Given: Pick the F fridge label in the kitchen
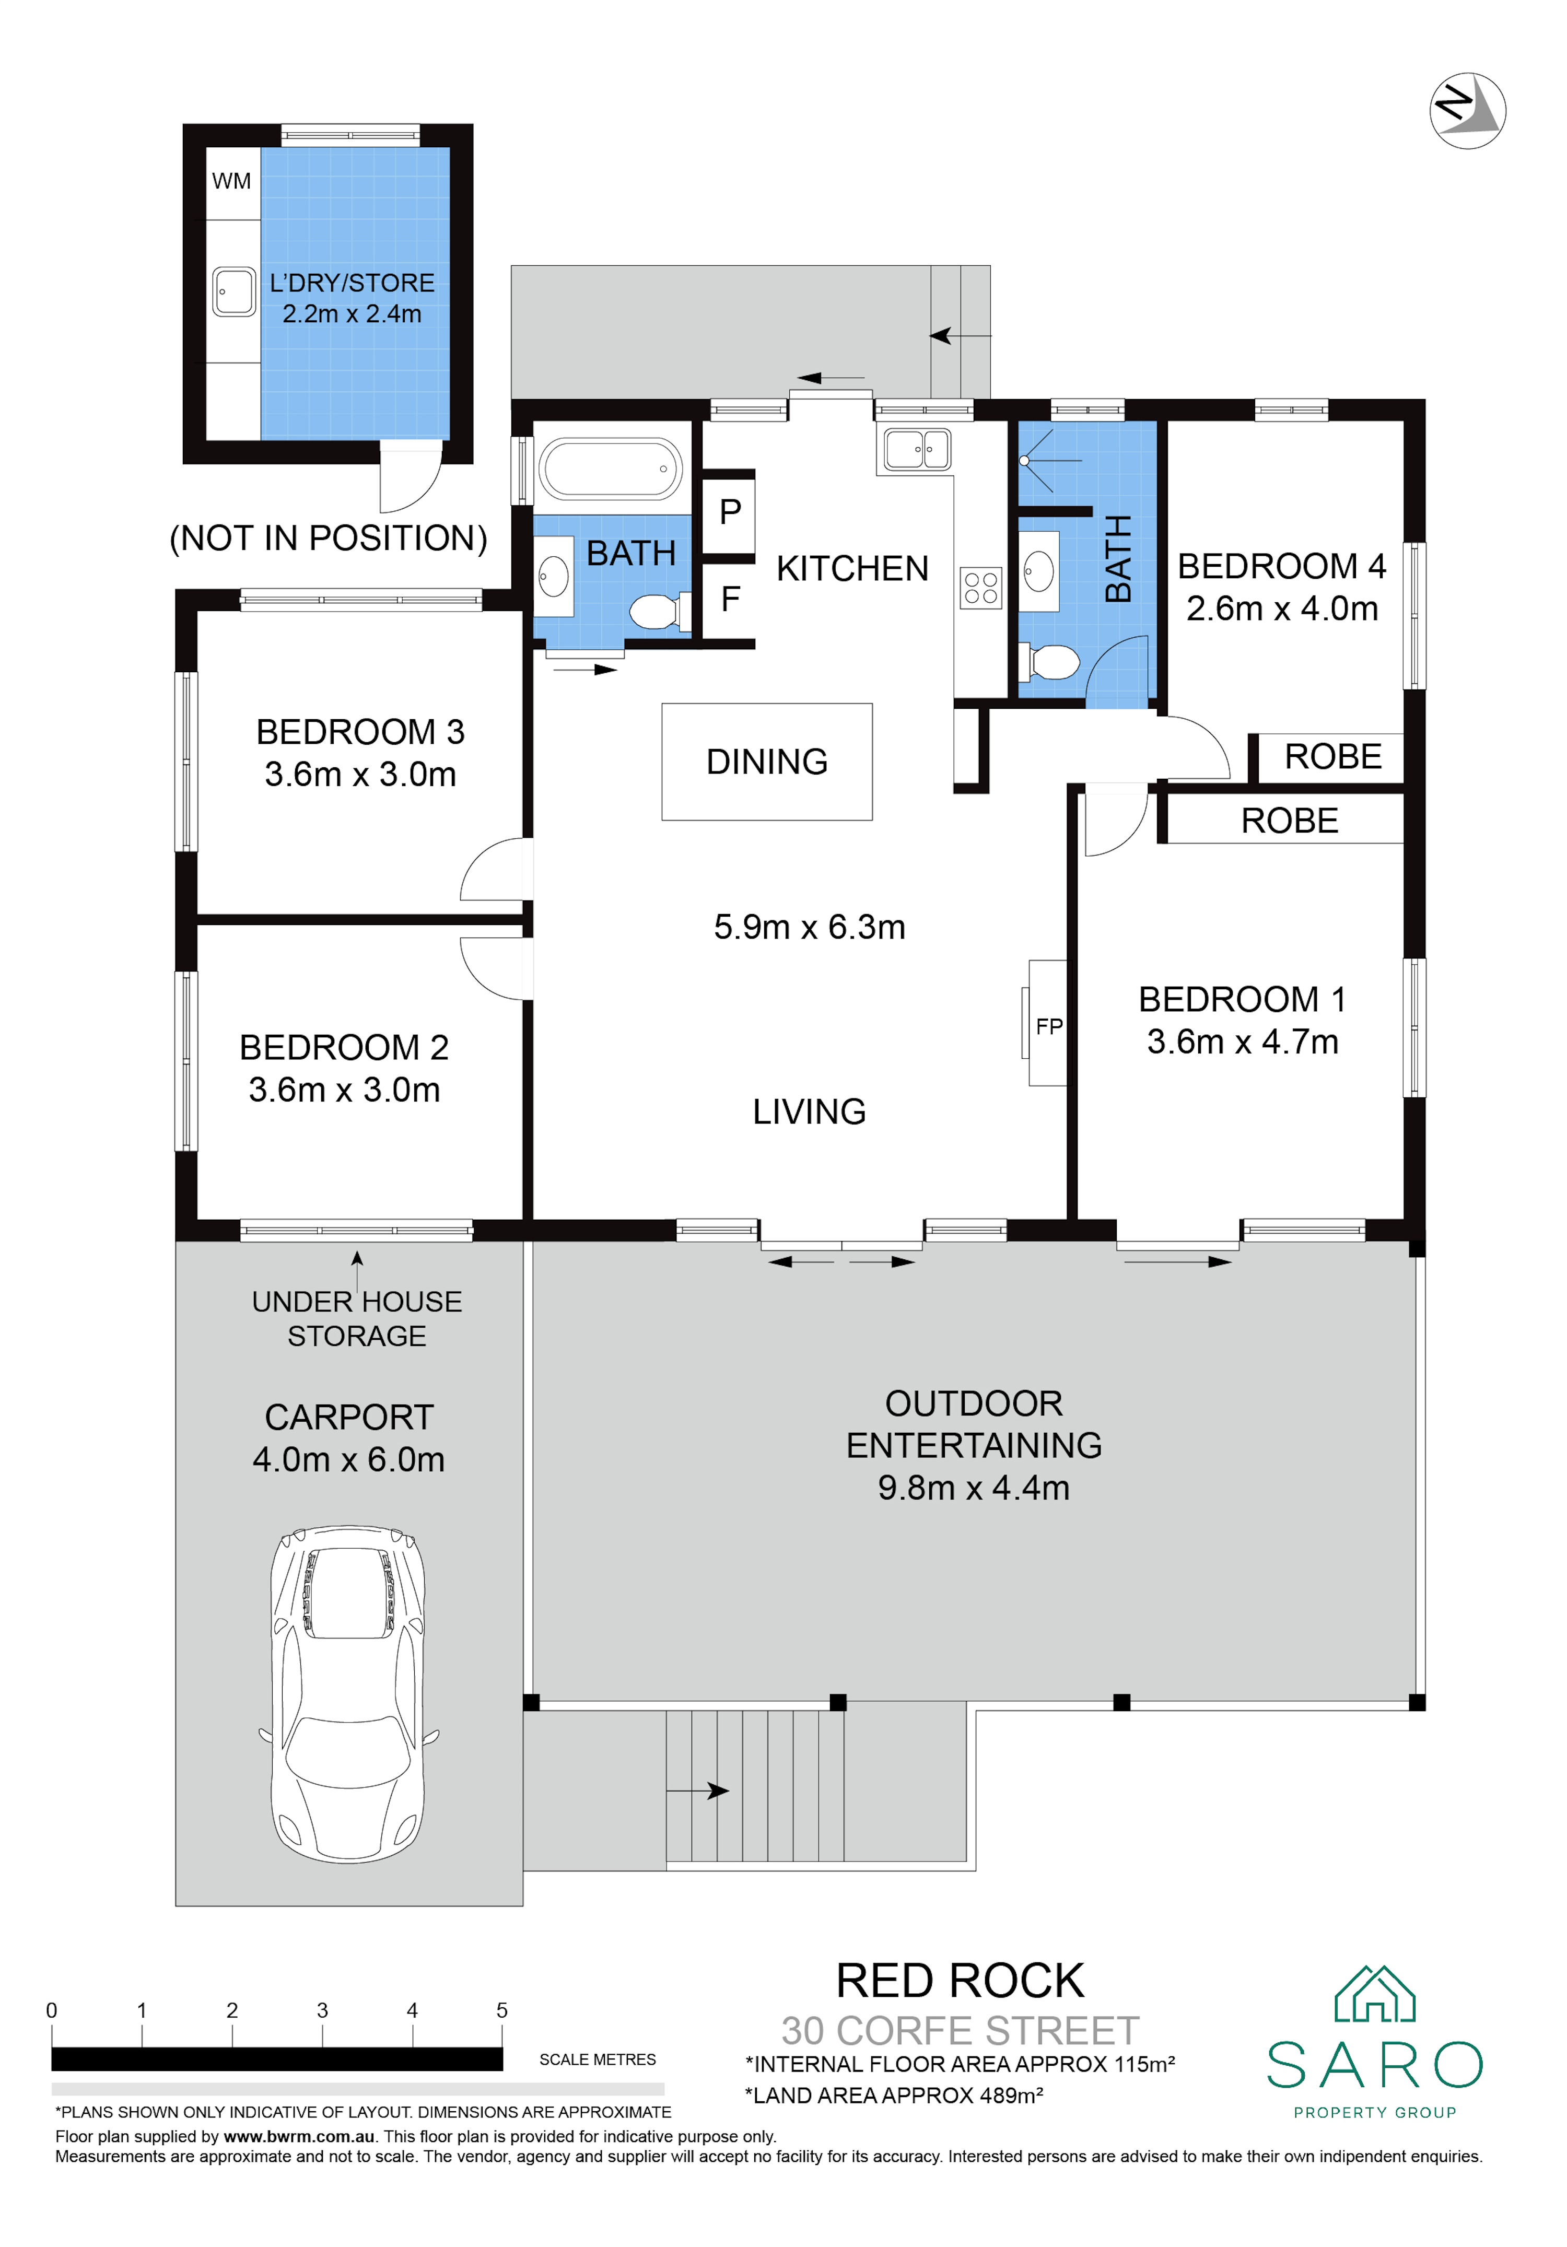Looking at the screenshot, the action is click(730, 599).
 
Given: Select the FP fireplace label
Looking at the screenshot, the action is click(1049, 1027).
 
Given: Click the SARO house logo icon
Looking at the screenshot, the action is click(1375, 1995).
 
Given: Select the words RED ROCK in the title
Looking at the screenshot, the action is click(960, 1982).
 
